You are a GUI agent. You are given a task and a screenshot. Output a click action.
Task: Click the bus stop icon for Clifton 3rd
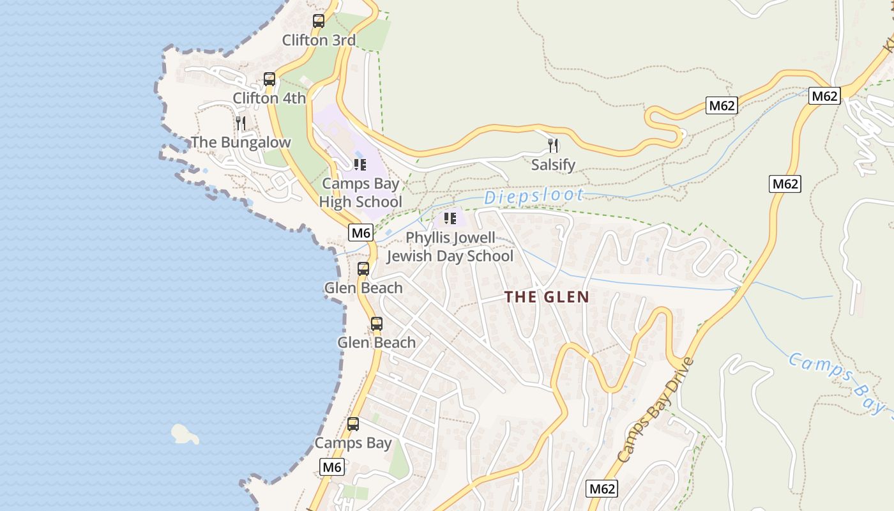[319, 21]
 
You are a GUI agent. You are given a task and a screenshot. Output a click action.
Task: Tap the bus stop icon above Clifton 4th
[269, 79]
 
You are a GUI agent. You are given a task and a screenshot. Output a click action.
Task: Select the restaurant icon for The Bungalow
[241, 123]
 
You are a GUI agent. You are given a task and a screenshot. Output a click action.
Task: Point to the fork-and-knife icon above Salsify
[554, 146]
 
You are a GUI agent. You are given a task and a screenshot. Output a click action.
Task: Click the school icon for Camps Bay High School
[360, 165]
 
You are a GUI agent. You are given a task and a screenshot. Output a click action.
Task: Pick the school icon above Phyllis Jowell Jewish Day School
[450, 218]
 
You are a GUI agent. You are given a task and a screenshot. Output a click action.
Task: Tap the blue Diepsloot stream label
[534, 196]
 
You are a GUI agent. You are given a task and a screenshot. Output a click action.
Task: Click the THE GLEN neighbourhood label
[547, 297]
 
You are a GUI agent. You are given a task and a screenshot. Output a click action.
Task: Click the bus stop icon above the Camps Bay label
[352, 423]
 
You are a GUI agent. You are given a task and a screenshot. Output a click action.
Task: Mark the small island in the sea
[185, 434]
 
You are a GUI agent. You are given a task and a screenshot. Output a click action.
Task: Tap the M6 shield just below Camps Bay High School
[361, 233]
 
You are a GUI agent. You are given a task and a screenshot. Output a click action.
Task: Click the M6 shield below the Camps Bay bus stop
[331, 467]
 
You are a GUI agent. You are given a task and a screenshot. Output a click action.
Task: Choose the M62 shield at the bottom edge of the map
[602, 489]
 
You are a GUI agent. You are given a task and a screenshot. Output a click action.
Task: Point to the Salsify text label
[554, 165]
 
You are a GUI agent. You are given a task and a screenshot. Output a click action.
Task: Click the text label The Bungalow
[241, 142]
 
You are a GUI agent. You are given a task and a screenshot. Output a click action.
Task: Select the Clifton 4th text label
[269, 98]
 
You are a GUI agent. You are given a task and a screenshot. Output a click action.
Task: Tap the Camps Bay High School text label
[361, 193]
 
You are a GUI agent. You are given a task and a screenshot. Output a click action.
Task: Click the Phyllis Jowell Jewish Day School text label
[450, 247]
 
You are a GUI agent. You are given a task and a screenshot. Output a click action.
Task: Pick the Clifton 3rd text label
[319, 40]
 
